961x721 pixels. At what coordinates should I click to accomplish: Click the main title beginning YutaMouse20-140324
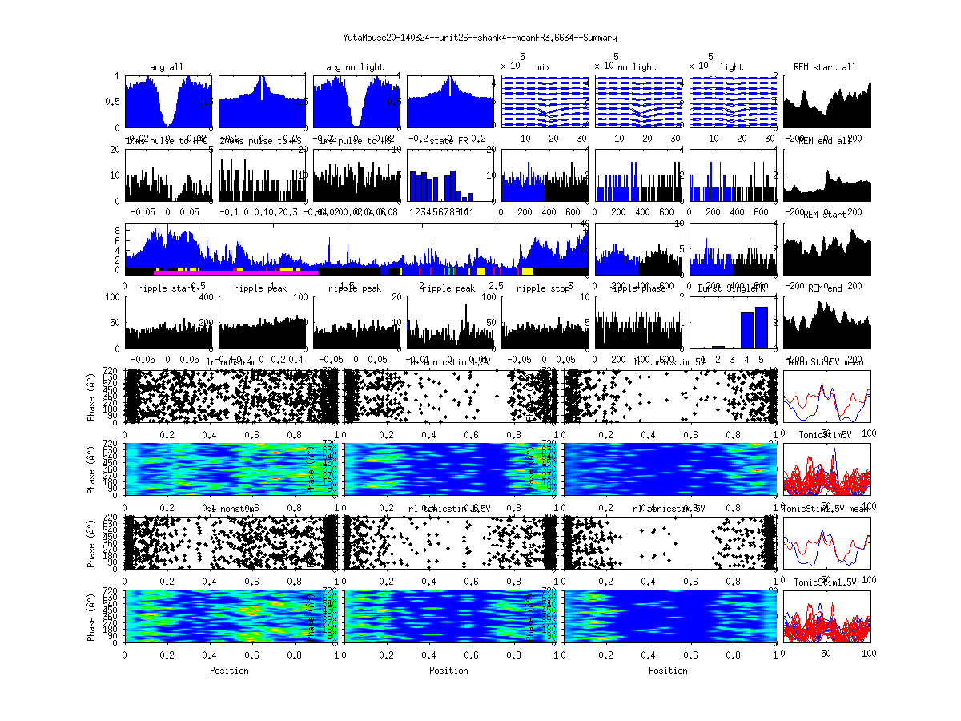coord(480,38)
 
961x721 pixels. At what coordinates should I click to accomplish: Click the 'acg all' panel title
coord(167,66)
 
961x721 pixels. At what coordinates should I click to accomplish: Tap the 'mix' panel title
coord(544,67)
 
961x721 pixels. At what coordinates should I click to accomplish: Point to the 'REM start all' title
coord(825,66)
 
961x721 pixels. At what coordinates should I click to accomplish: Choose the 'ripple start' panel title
coord(167,288)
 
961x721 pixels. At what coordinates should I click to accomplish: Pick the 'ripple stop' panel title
coord(544,288)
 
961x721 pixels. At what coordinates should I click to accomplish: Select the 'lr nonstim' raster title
coord(231,362)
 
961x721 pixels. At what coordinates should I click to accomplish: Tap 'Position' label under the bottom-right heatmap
coord(669,670)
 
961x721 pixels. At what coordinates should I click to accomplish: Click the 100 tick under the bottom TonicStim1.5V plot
coord(868,654)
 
